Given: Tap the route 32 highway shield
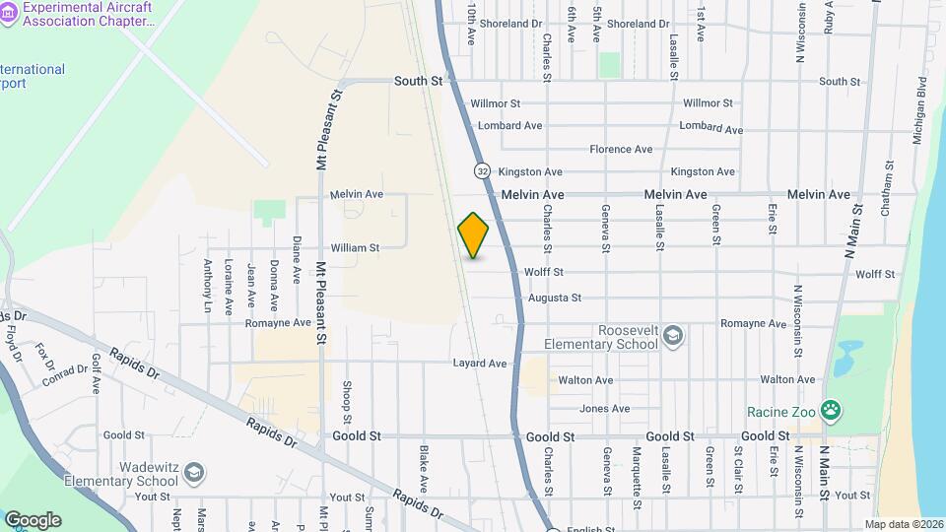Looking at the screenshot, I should coord(482,170).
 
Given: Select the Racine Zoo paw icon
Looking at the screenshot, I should coord(832,409).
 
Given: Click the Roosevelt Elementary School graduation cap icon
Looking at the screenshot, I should coord(673,336).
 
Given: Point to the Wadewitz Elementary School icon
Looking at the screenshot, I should coord(194,473).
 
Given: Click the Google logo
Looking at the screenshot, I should coord(33,519).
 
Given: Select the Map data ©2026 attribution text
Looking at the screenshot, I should coord(904,524).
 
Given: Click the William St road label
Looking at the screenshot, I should coord(355,248).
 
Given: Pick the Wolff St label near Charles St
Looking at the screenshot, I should coord(544,272).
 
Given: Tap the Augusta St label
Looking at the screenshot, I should coord(555,298).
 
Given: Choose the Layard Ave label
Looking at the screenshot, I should coord(480,364).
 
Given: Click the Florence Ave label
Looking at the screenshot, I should coord(621,150).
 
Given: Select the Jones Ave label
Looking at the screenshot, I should coord(604,409).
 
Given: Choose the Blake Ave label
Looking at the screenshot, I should coord(424,469).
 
